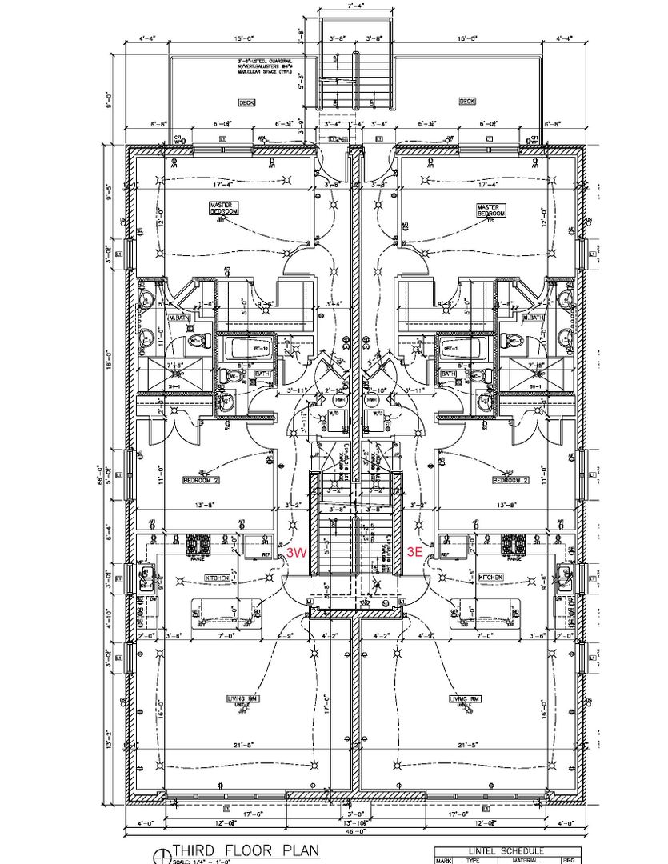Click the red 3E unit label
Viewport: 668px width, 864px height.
(x=414, y=551)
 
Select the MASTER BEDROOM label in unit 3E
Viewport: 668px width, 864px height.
(x=488, y=210)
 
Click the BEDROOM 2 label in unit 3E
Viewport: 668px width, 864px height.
(x=510, y=481)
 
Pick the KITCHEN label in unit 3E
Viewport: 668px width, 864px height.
(x=490, y=577)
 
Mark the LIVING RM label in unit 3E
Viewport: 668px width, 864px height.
(x=464, y=698)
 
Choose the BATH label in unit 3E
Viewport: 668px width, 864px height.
(x=447, y=374)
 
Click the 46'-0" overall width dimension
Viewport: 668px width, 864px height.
(x=353, y=832)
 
